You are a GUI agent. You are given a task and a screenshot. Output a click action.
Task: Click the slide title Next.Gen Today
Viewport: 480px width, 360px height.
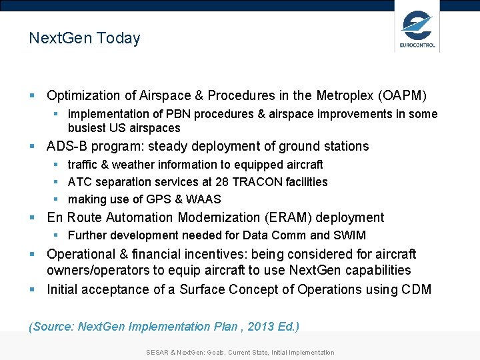[x=85, y=38]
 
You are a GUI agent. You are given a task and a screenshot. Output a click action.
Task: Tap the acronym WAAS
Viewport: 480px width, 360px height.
[x=204, y=199]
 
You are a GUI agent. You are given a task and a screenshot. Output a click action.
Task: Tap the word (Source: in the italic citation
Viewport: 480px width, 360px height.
[x=52, y=327]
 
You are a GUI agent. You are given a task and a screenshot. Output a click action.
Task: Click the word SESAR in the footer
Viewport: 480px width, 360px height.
[x=158, y=352]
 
